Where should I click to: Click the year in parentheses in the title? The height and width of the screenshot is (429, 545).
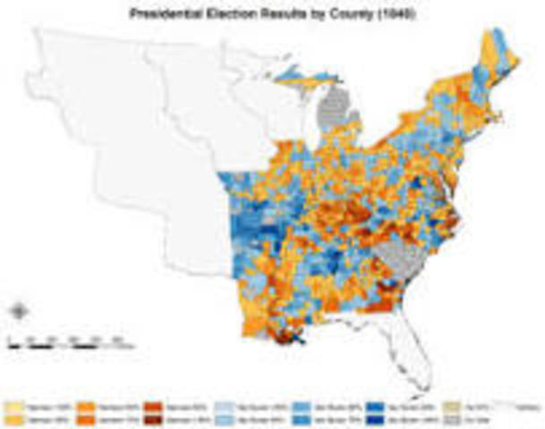click(374, 13)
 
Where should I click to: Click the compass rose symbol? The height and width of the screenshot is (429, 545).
click(20, 310)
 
